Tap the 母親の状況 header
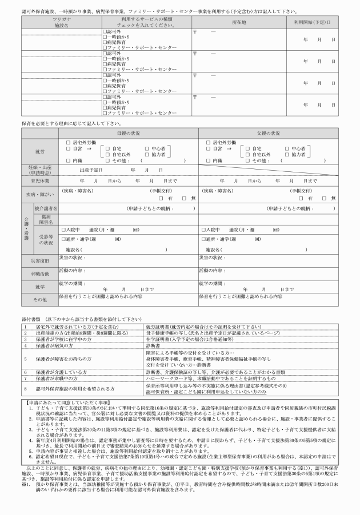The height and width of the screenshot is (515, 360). pyautogui.click(x=129, y=133)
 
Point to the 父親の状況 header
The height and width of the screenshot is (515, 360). pyautogui.click(x=269, y=133)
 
